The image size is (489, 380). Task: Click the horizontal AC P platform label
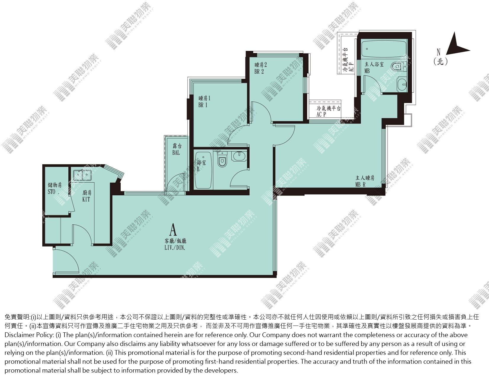[x=321, y=114]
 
